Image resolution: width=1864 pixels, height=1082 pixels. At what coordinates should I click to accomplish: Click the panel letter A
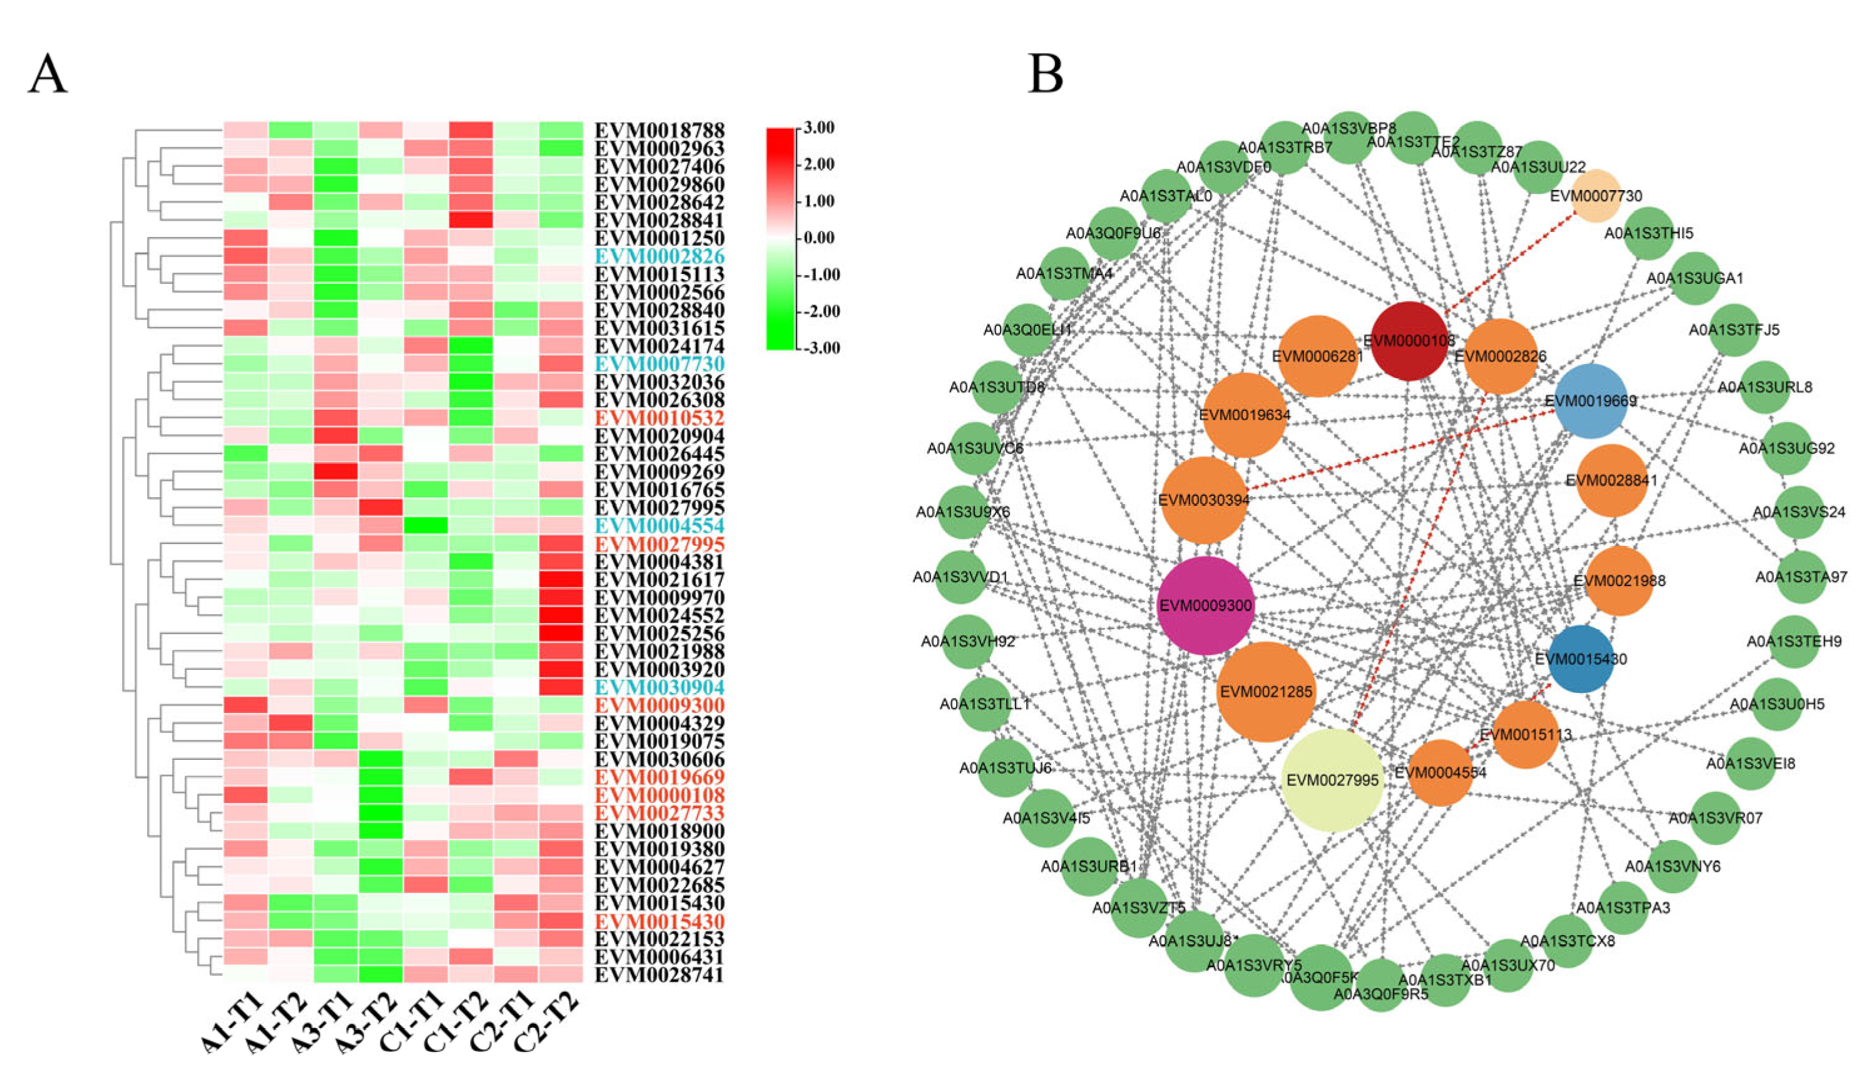(x=48, y=74)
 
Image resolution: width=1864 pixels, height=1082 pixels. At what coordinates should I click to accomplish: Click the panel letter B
(x=1045, y=74)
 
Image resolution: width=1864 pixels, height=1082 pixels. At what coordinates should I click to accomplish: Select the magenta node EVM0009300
(x=1206, y=605)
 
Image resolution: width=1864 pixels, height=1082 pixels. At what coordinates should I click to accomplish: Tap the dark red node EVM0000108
(x=1409, y=340)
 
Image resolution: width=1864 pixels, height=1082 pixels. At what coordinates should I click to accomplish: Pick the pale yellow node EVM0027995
(x=1333, y=779)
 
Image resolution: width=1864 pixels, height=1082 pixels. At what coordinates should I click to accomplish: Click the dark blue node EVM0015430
(x=1581, y=658)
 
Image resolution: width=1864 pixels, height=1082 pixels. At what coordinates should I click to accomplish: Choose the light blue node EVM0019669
(x=1591, y=401)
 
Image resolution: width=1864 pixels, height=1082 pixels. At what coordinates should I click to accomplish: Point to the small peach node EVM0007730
(x=1596, y=196)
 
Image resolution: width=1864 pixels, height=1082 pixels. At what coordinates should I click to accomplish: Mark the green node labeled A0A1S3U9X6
(x=962, y=512)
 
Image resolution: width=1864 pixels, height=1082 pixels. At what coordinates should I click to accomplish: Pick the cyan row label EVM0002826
(x=660, y=256)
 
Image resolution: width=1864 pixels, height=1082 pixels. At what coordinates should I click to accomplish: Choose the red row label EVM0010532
(x=660, y=418)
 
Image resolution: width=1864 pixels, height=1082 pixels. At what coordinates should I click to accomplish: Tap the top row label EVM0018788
(x=660, y=130)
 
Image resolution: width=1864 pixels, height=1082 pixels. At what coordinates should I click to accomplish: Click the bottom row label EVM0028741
(x=660, y=975)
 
